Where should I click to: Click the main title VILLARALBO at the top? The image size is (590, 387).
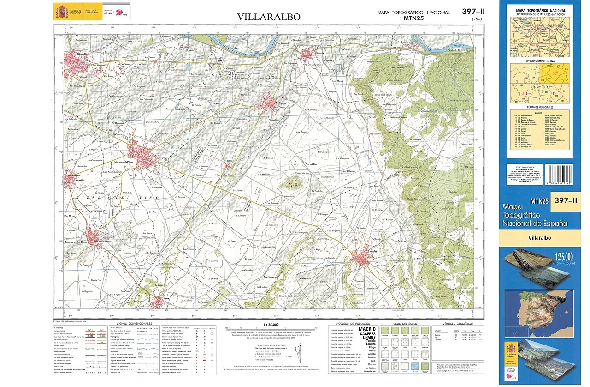[x=269, y=17]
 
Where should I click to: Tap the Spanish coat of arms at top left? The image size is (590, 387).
[x=61, y=11]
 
